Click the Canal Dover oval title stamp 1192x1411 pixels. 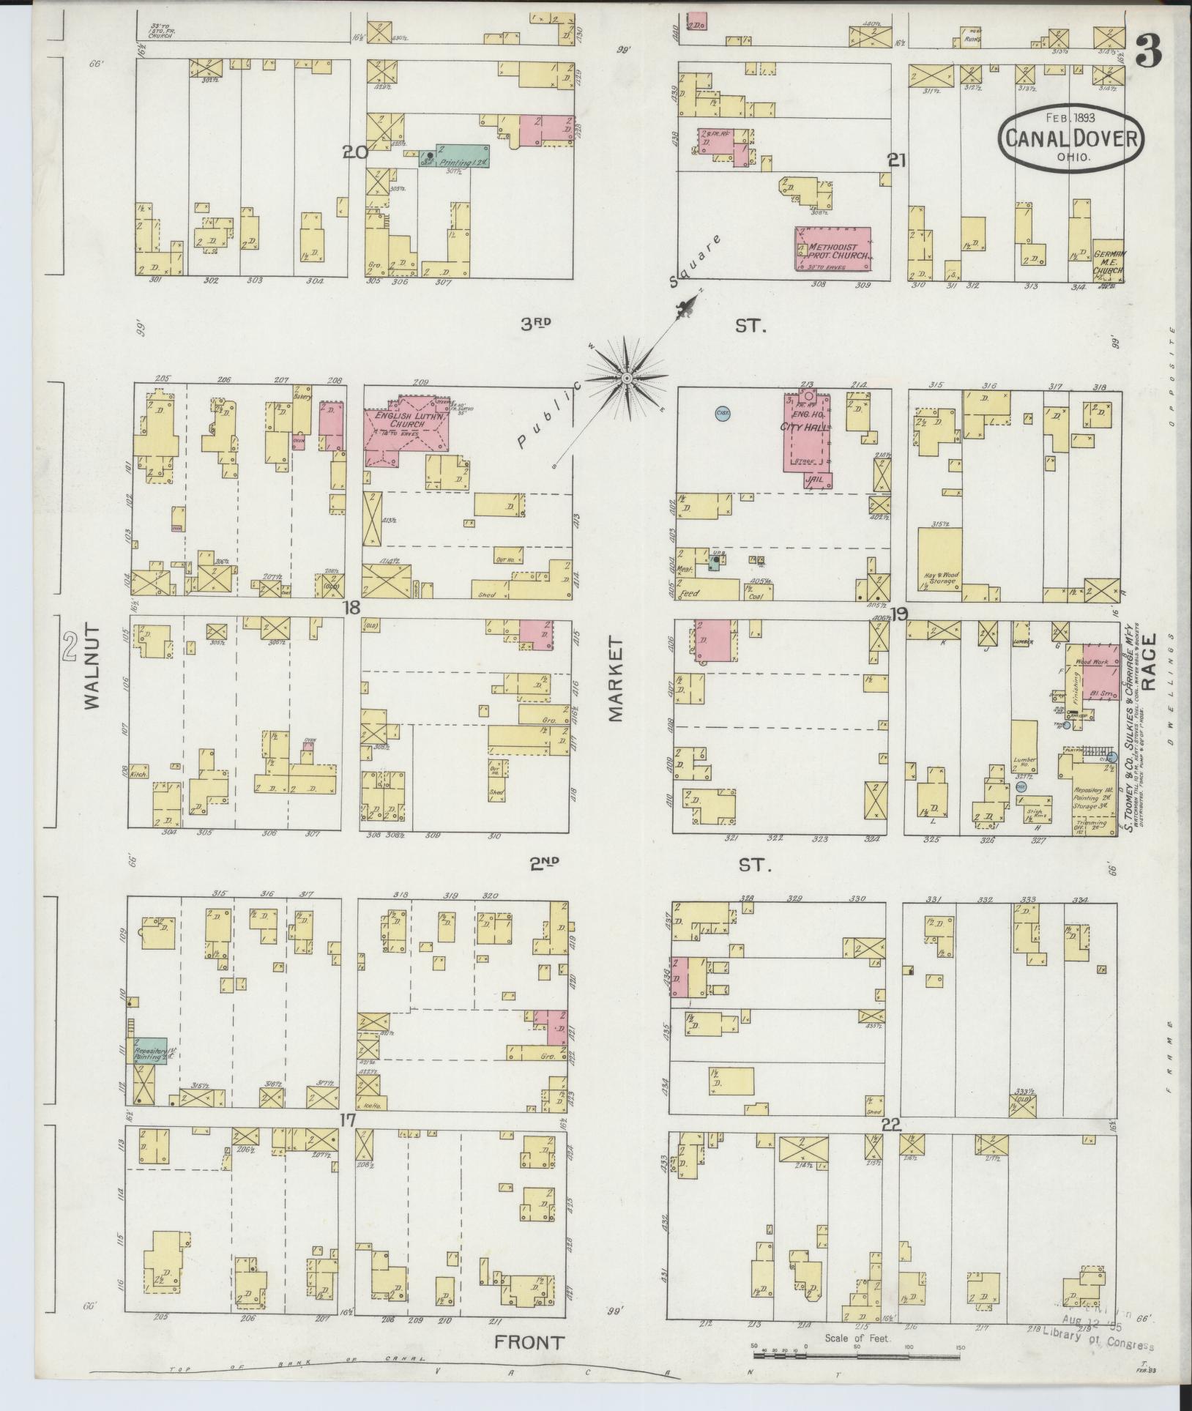tap(1070, 138)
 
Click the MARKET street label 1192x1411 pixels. tap(614, 679)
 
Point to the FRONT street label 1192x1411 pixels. tap(529, 1342)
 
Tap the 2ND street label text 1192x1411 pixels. tap(544, 863)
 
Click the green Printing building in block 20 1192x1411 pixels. tap(454, 155)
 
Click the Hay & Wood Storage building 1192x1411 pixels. tap(939, 556)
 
